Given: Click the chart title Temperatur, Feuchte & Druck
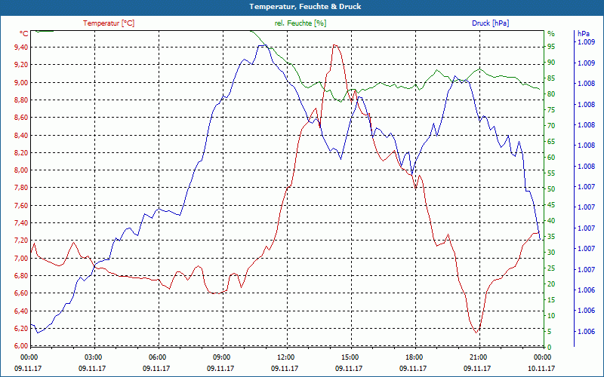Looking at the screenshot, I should [301, 6].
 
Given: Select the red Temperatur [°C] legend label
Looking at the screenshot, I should [109, 23].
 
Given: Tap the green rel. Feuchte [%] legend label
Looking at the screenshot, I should [300, 23].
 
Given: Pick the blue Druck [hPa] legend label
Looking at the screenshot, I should [490, 23].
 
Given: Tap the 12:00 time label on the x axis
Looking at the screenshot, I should [286, 357].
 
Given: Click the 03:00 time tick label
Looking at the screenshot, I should [94, 357].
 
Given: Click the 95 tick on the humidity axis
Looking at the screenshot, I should [551, 47].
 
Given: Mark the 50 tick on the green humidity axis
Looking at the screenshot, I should [551, 189].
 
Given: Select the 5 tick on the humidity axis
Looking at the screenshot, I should [550, 332].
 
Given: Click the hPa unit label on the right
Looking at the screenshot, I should [584, 34].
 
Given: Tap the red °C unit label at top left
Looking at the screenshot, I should [24, 34].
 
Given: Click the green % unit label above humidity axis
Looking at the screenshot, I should [550, 34].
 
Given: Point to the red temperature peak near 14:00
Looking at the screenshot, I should [334, 45].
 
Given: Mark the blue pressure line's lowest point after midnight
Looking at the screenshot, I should [38, 333].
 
